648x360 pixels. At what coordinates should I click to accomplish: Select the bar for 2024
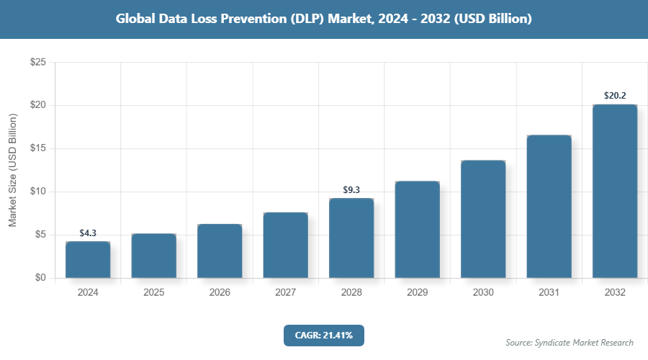click(x=88, y=259)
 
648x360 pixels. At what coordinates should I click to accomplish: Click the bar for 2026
click(x=220, y=251)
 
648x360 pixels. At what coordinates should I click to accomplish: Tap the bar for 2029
click(x=418, y=229)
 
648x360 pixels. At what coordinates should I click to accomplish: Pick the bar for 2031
click(x=549, y=206)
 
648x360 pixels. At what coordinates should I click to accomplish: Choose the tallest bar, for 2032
click(x=615, y=191)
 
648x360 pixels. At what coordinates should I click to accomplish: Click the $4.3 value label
click(x=88, y=233)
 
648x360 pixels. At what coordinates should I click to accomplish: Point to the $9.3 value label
click(x=351, y=190)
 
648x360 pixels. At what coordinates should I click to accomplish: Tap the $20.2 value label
click(x=615, y=96)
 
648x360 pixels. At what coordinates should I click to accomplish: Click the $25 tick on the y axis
click(x=37, y=63)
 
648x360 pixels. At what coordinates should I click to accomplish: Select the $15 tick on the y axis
click(x=37, y=148)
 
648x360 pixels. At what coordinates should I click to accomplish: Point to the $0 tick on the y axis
click(x=40, y=278)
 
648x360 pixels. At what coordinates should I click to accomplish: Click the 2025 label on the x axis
click(x=154, y=293)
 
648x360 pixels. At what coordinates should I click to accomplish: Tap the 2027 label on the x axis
click(x=286, y=293)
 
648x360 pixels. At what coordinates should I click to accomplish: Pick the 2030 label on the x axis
click(x=483, y=293)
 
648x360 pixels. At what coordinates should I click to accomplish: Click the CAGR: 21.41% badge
click(x=324, y=335)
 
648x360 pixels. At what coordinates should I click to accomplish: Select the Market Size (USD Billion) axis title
click(x=12, y=170)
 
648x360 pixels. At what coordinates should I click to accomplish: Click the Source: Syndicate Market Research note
click(x=570, y=342)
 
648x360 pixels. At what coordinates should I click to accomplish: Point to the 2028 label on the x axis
click(x=351, y=293)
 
